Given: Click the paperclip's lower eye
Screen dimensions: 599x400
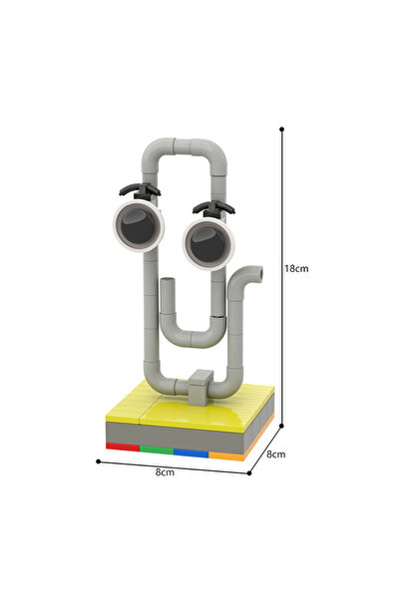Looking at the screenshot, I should click(206, 242).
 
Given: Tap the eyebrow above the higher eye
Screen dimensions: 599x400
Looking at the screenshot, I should click(139, 187).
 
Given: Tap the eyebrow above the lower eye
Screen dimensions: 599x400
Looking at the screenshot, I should click(212, 207).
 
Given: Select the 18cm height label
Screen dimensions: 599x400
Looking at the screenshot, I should click(295, 269).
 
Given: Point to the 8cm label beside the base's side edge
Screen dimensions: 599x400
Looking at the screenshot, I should click(276, 453).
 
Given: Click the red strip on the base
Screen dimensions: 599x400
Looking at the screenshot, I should click(123, 447).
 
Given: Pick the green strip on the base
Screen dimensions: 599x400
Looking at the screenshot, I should click(156, 449).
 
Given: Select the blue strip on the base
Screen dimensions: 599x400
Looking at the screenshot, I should click(190, 452).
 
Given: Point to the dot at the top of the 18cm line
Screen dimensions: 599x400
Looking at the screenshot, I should click(283, 128).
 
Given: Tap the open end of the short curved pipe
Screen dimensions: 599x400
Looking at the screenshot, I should click(256, 270).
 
